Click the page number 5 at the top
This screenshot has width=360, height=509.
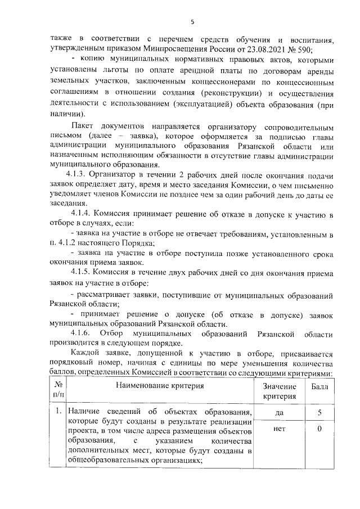pos(192,22)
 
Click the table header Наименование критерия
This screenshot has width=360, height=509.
pos(160,385)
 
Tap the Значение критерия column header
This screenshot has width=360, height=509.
pos(279,391)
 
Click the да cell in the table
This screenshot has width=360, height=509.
pos(279,413)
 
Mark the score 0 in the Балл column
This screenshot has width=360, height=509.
pos(319,430)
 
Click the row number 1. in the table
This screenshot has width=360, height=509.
pos(58,413)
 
